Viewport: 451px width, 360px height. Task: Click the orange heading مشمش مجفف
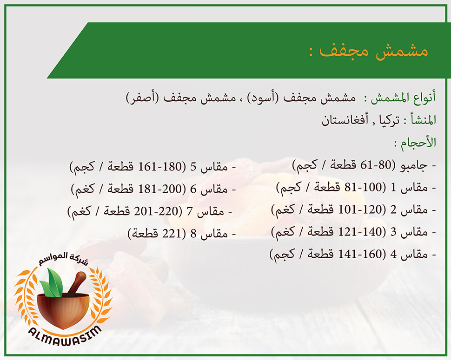(374, 51)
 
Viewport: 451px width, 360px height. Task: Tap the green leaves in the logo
(52, 282)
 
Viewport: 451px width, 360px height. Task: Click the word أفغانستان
(345, 120)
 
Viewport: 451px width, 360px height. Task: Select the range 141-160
(360, 254)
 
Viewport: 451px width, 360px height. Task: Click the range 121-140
(360, 232)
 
